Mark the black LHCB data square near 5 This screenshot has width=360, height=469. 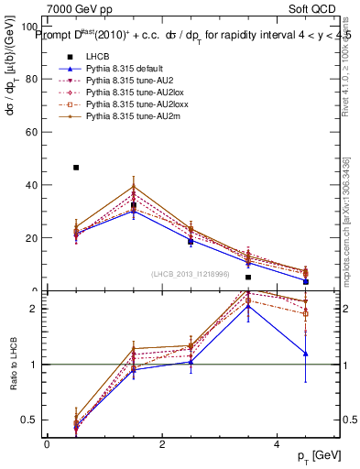pyautogui.click(x=248, y=277)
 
